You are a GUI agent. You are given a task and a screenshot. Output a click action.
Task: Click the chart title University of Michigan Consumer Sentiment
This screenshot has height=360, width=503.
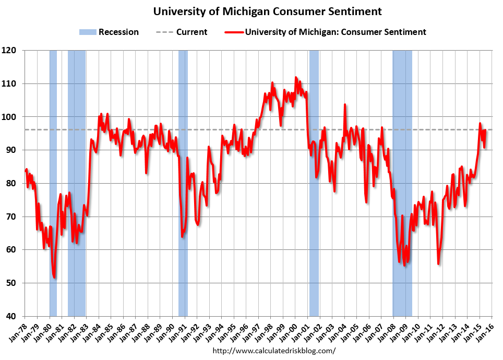[267, 11]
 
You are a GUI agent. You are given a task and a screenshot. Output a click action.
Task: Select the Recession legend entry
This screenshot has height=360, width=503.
[109, 32]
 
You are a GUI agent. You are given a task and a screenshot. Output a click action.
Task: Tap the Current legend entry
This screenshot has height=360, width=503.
[182, 32]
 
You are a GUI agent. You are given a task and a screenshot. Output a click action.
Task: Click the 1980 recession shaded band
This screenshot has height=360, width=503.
[53, 183]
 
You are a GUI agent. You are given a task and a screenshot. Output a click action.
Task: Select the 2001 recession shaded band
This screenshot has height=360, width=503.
[314, 183]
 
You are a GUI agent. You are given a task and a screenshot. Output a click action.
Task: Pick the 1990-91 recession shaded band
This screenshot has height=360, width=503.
[183, 183]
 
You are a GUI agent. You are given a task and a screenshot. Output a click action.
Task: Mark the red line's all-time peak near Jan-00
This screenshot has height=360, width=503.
[296, 78]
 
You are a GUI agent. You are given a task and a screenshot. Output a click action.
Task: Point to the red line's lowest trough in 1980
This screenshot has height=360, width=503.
[54, 278]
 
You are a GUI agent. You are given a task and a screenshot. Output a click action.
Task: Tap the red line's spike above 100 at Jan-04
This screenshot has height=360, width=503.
[345, 105]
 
